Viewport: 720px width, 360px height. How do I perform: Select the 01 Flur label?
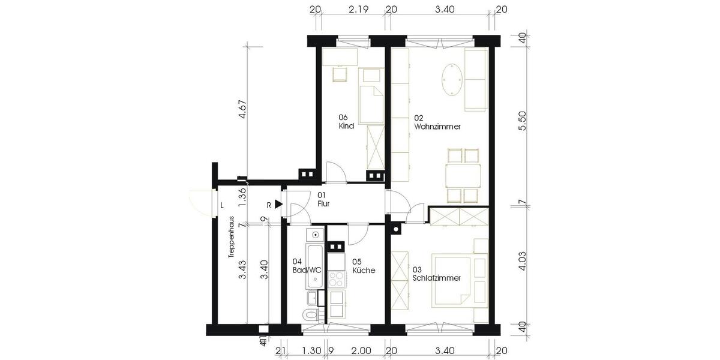tap(323, 199)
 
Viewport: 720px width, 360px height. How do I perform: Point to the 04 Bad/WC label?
tap(307, 266)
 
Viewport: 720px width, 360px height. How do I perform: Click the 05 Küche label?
tap(364, 266)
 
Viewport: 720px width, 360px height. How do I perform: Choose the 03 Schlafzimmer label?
tap(436, 274)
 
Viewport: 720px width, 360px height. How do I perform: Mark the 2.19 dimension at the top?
tap(358, 9)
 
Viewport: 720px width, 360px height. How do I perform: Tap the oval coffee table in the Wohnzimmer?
tap(452, 80)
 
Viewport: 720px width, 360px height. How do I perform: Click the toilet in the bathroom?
tap(310, 316)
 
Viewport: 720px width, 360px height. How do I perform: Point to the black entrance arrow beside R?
tap(278, 205)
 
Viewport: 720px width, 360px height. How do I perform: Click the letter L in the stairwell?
tap(222, 205)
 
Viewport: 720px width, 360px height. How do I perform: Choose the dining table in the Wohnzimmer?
tap(463, 176)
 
